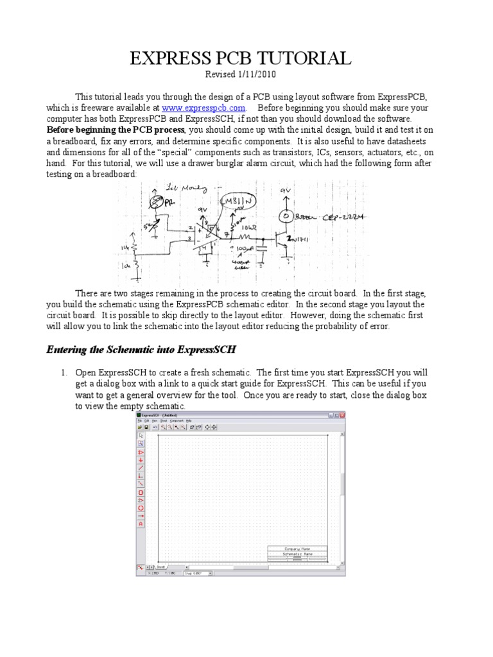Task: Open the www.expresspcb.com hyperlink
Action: (203, 108)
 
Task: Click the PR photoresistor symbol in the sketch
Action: (152, 202)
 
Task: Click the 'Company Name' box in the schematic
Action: (297, 549)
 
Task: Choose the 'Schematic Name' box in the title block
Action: (297, 554)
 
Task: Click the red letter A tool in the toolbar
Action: (141, 524)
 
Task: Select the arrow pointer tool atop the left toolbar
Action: (141, 435)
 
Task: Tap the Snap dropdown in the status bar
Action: (197, 573)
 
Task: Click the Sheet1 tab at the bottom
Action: (160, 567)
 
